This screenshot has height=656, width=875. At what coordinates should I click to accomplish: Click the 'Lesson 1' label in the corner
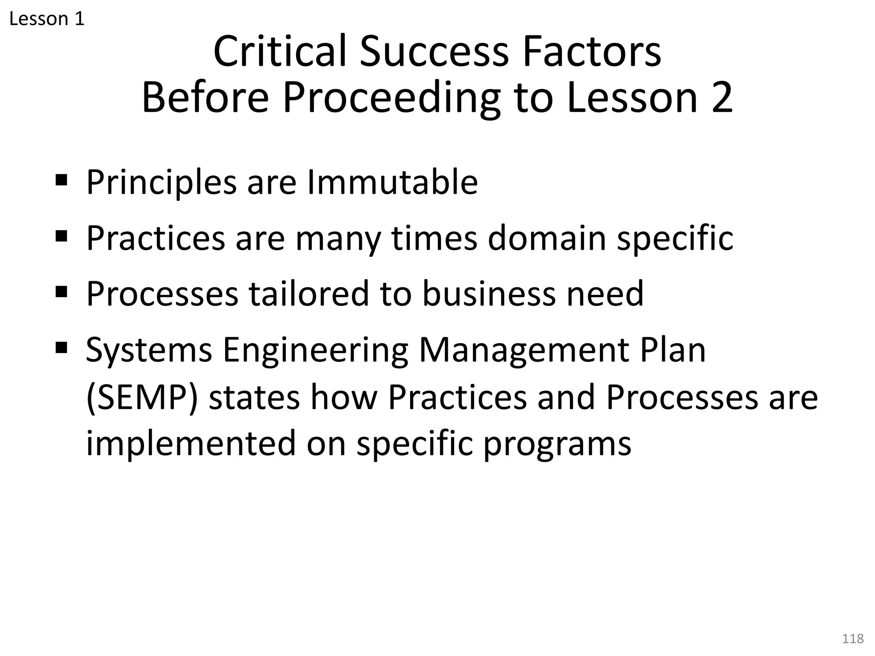(x=47, y=19)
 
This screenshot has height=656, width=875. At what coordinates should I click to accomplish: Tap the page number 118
(x=852, y=638)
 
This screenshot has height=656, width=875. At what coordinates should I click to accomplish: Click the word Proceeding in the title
(x=391, y=98)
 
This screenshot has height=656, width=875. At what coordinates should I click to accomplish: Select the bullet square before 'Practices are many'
(x=62, y=236)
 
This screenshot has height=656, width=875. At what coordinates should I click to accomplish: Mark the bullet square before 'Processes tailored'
(x=62, y=292)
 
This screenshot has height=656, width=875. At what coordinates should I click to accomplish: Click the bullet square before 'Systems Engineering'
(x=62, y=348)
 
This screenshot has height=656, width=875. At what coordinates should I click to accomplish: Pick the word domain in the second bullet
(x=547, y=238)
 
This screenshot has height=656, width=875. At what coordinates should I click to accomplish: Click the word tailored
(x=309, y=293)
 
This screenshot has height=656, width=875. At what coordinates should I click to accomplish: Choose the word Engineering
(x=315, y=350)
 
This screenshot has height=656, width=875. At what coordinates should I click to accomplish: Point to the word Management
(x=523, y=350)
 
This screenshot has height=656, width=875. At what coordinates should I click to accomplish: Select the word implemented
(x=191, y=443)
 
